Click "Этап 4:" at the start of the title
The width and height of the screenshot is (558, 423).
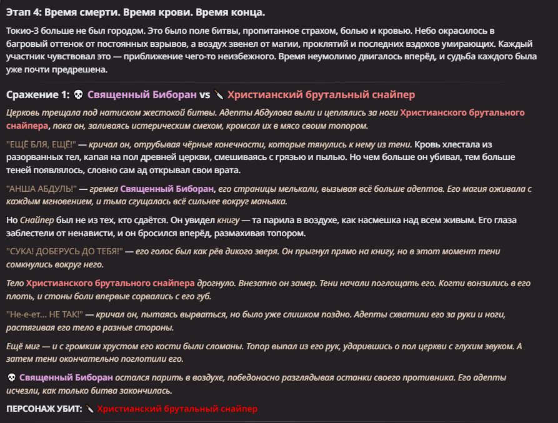[x=23, y=13]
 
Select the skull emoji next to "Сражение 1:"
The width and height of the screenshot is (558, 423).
[x=78, y=95]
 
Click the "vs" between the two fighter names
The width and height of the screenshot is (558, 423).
[x=204, y=95]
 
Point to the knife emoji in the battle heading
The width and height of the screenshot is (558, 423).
[x=218, y=95]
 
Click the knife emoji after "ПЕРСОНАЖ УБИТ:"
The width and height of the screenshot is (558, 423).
[x=90, y=409]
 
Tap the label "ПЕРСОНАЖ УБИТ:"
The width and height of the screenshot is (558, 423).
[x=44, y=409]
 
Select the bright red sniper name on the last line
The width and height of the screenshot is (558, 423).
[x=177, y=409]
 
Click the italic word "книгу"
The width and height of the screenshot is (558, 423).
[x=228, y=220]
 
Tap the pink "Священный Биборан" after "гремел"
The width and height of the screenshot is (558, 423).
[x=167, y=189]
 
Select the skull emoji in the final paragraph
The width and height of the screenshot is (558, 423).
[x=11, y=378]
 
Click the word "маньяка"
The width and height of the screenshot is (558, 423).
[x=268, y=202]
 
